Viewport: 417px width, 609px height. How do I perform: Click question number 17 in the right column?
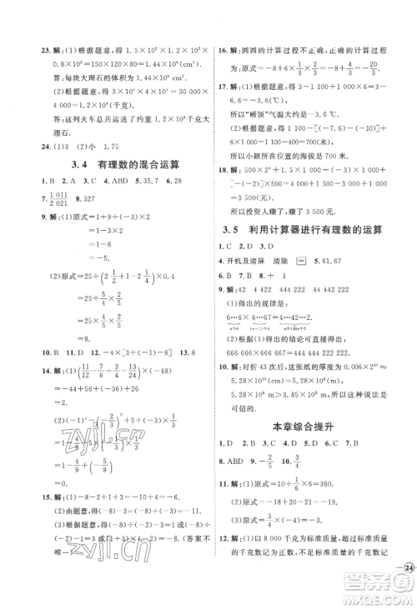(x=225, y=85)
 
